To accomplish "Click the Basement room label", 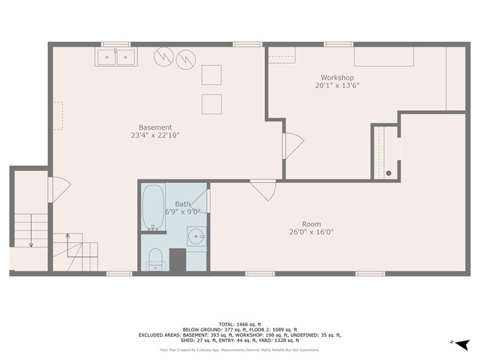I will [x=155, y=127].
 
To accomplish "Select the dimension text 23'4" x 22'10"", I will [x=155, y=136].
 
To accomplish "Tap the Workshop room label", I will [x=337, y=77].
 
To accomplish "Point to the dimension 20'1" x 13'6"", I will [x=337, y=85].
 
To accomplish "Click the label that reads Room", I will [x=311, y=223].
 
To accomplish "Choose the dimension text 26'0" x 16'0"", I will [x=311, y=232].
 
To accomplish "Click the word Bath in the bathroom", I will [x=182, y=204].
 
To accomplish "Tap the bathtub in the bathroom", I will [x=153, y=207].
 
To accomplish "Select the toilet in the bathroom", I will [x=156, y=257].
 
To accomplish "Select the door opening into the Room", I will [x=262, y=190].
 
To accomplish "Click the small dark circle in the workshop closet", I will [x=388, y=172].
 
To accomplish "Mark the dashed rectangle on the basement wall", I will [x=57, y=117].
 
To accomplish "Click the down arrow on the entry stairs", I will [x=31, y=241].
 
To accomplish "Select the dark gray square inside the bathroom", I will [x=177, y=259].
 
